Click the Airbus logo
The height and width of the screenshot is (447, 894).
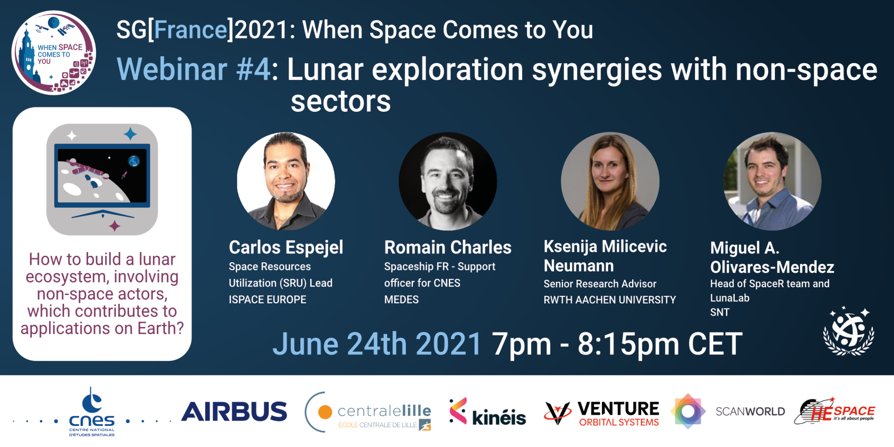click(x=234, y=412)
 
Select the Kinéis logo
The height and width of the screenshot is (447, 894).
click(x=488, y=412)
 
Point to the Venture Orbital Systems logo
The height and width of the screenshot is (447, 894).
click(x=602, y=413)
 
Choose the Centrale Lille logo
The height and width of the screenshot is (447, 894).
click(x=368, y=412)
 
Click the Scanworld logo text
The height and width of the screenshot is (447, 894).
click(x=750, y=411)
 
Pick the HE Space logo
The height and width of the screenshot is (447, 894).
click(x=835, y=411)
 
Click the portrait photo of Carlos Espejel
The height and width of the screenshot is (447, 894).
click(x=286, y=181)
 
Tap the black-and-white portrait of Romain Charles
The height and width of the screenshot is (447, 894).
click(x=448, y=181)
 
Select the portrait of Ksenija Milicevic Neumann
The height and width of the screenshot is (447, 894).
click(x=610, y=181)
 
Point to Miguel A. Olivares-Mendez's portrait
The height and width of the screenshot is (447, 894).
click(x=772, y=181)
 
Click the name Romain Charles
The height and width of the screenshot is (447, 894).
click(x=448, y=248)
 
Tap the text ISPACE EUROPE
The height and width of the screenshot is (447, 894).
click(x=268, y=299)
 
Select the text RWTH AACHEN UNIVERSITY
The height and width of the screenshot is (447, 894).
click(x=610, y=300)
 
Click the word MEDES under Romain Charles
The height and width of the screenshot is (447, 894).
click(x=401, y=299)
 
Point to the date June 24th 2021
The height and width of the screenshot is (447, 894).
click(x=377, y=344)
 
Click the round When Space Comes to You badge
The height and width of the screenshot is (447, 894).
click(x=53, y=53)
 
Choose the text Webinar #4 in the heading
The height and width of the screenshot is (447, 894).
click(x=193, y=70)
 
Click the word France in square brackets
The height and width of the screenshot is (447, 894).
click(x=191, y=30)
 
